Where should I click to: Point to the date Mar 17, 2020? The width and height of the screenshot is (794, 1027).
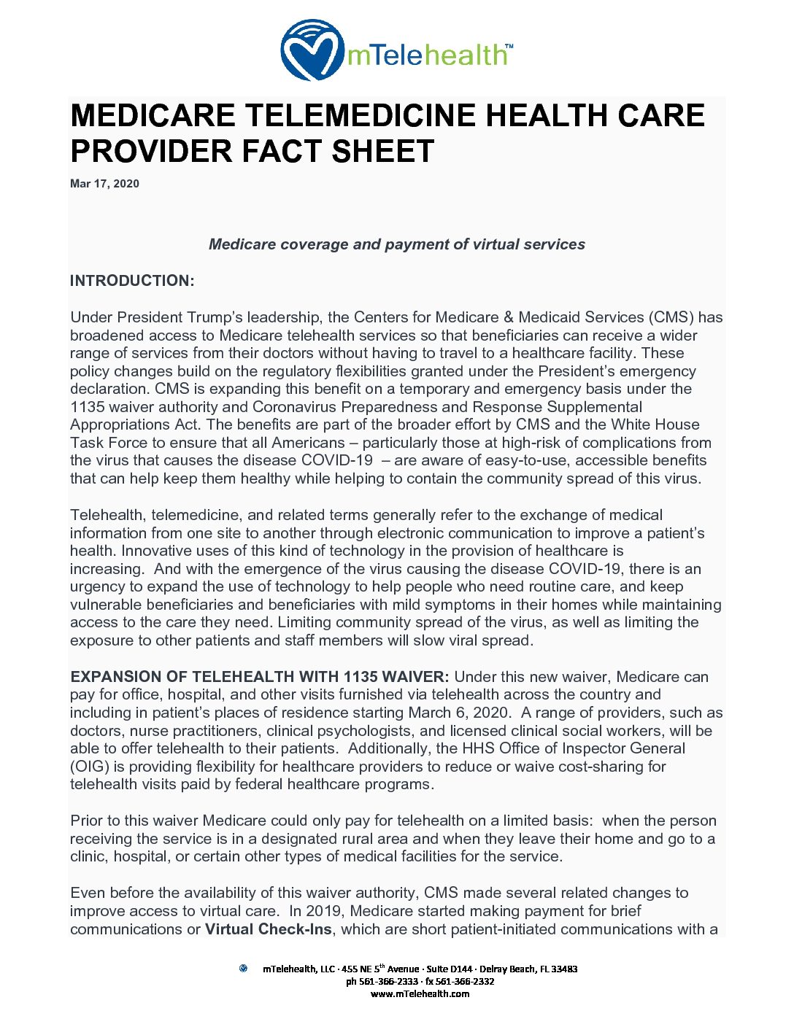click(104, 184)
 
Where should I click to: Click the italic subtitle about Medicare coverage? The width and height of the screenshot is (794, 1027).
click(396, 244)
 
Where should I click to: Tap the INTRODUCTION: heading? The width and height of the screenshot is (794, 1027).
click(132, 281)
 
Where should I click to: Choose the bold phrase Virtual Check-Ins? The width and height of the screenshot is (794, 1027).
click(268, 929)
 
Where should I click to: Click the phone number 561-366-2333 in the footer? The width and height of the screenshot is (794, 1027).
click(388, 982)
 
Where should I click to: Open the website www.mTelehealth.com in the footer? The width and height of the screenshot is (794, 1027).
click(420, 993)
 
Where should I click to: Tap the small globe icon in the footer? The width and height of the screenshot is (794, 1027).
click(243, 969)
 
